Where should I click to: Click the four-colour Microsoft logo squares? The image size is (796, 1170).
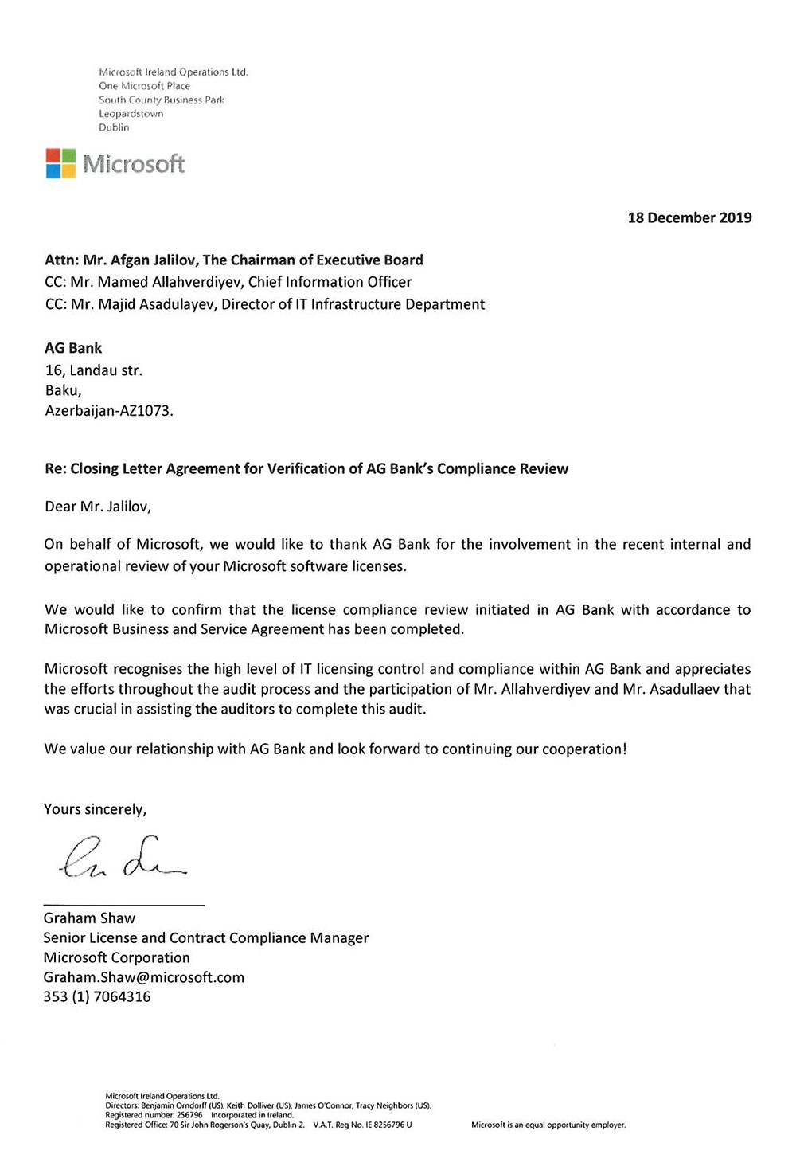[x=60, y=163]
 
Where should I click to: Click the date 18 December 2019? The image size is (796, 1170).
[x=689, y=217]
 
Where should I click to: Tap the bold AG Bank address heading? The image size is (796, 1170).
[x=73, y=348]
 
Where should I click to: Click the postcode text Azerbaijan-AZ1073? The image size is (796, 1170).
[x=108, y=411]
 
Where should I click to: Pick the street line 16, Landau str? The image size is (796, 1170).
[x=94, y=370]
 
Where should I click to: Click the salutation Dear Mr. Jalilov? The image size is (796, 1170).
[x=97, y=506]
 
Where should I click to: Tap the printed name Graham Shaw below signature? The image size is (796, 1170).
[x=89, y=918]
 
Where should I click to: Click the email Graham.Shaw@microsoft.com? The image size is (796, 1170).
[x=143, y=977]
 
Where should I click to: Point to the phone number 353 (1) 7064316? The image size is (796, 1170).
[x=96, y=996]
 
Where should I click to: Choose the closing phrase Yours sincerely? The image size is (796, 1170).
[x=95, y=809]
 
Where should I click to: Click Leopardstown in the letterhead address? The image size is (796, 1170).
[x=131, y=114]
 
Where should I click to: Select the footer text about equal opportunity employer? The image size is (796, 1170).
[x=548, y=1125]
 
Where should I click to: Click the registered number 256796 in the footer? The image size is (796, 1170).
[x=189, y=1115]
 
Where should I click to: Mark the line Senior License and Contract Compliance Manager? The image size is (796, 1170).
[x=205, y=938]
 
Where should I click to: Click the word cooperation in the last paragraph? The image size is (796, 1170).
[x=583, y=749]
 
